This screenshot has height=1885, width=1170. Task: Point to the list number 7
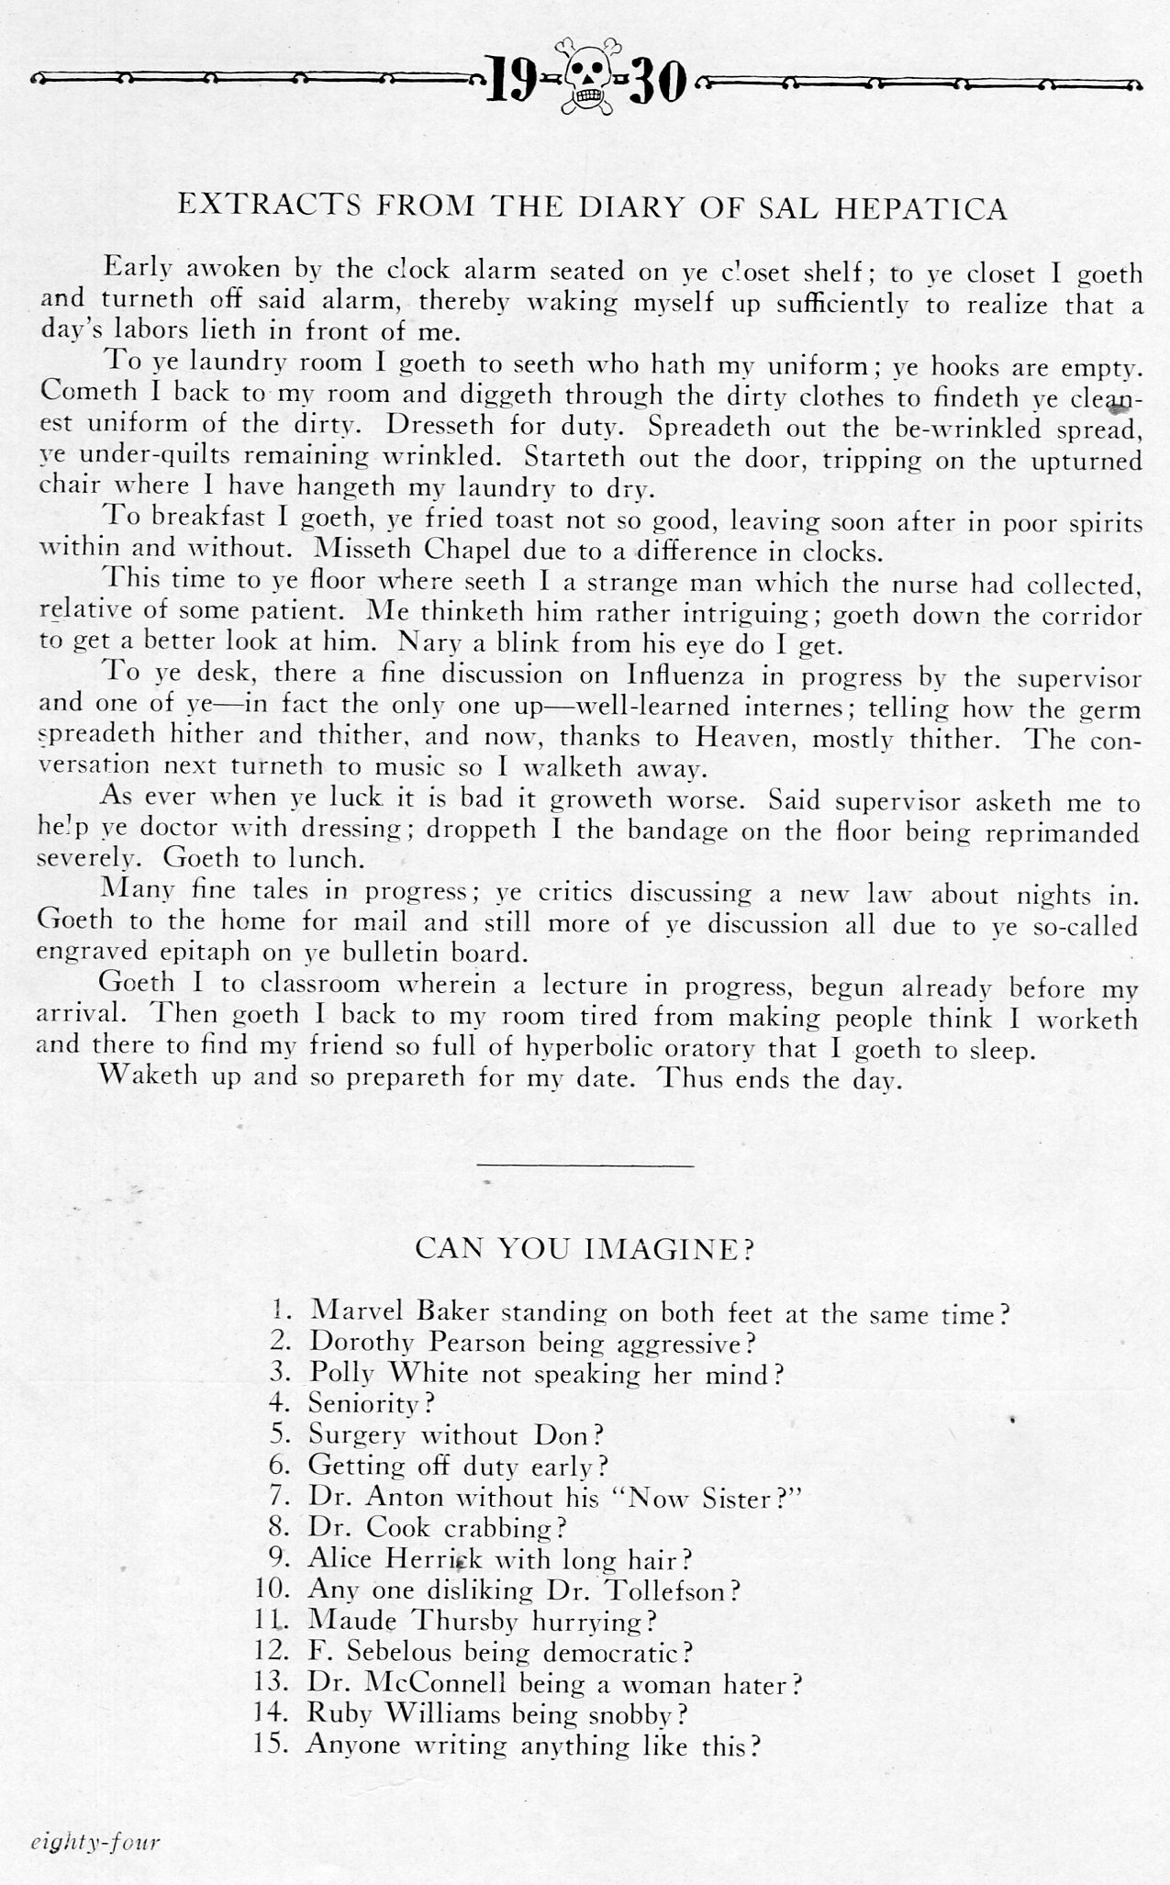(x=281, y=1497)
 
